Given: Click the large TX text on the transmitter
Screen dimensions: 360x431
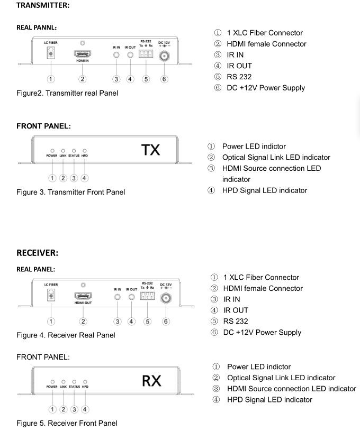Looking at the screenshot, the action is point(150,150).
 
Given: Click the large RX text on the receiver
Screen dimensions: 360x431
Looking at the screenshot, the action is point(151,381).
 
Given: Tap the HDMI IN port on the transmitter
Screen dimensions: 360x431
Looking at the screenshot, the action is point(82,53).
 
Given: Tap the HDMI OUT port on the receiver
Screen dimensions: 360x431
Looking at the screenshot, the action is point(83,296).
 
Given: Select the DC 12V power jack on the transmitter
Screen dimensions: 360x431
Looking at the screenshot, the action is point(164,56).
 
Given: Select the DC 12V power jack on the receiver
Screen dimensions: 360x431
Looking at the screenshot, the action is point(166,298).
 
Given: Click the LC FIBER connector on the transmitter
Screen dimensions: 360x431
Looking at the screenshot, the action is point(51,52).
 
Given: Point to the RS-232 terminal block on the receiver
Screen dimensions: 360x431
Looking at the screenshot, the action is point(147,296).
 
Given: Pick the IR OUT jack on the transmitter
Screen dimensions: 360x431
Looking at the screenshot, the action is point(130,55).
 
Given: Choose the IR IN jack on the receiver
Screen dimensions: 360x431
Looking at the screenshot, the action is point(118,297).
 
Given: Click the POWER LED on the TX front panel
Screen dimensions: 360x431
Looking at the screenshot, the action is point(52,151).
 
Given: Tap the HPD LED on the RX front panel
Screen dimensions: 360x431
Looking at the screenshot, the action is point(85,382).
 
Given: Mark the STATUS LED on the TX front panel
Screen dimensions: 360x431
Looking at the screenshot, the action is point(74,151).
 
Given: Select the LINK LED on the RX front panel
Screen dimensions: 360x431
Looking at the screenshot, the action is point(64,382).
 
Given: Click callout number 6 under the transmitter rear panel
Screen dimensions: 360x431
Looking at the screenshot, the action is point(164,79).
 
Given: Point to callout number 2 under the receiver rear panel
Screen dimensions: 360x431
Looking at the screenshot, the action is point(83,322).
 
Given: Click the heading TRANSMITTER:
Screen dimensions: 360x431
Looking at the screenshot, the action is point(43,5).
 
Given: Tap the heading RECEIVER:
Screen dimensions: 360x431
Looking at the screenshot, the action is point(38,253).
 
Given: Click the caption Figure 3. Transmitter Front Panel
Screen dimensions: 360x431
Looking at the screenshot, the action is point(71,192).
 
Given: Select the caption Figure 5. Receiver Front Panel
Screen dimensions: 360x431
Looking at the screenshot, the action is point(67,423).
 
